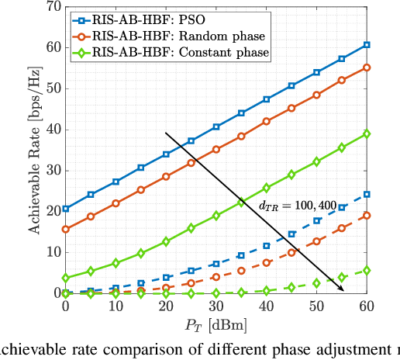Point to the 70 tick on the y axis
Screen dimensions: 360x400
(x=50, y=7)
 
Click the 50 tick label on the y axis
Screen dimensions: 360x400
(x=50, y=88)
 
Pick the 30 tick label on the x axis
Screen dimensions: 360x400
(x=216, y=306)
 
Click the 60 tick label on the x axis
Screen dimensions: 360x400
(x=367, y=306)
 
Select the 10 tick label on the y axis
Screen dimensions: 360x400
(x=50, y=252)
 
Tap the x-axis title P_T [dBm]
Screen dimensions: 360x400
(x=216, y=324)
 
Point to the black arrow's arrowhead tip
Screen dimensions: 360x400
(x=344, y=291)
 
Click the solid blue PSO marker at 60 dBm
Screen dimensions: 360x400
(x=367, y=45)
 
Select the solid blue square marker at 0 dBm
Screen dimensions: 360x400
(x=65, y=209)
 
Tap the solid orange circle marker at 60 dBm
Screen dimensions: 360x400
(x=367, y=67)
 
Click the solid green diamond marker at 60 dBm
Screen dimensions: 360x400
(x=367, y=133)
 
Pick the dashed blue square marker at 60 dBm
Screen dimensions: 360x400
(x=367, y=194)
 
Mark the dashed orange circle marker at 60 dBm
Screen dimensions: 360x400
(x=367, y=215)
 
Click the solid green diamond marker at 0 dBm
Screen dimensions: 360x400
(x=65, y=278)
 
